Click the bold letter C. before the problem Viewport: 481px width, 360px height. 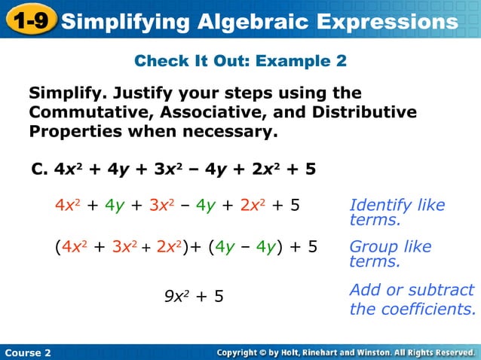[x=39, y=169]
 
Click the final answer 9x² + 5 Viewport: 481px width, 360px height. [x=194, y=296]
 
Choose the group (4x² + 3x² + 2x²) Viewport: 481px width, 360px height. [x=125, y=247]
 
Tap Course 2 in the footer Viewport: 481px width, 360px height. [x=27, y=352]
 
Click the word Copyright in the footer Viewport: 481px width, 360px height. [x=244, y=352]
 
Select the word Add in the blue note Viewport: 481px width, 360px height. [x=365, y=290]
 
